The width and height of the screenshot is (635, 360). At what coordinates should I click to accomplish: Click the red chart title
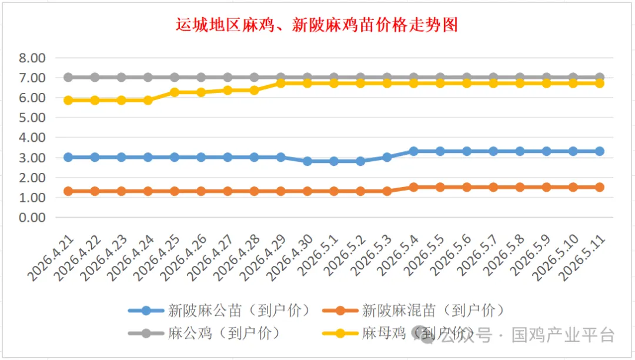(317, 25)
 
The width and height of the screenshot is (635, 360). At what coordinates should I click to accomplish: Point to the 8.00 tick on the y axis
(32, 58)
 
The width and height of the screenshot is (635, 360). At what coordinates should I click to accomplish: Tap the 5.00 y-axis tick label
(32, 118)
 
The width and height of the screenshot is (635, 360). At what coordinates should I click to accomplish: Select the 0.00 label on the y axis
(32, 218)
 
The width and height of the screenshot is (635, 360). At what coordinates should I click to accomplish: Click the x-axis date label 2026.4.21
(51, 258)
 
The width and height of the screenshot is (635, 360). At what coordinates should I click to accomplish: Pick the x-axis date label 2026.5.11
(582, 258)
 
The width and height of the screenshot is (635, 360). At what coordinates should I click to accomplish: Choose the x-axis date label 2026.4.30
(290, 258)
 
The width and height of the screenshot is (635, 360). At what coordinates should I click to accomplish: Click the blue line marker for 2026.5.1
(334, 161)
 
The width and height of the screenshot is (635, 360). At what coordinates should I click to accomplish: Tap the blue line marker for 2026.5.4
(413, 151)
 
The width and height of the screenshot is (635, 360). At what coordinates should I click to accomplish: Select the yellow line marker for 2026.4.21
(68, 100)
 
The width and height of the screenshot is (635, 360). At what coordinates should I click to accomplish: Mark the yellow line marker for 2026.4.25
(175, 92)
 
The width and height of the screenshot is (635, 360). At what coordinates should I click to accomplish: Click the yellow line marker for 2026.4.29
(280, 83)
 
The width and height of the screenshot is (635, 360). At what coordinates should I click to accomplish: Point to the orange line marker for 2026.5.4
(413, 187)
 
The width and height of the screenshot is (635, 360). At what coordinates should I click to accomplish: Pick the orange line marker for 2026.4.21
(68, 191)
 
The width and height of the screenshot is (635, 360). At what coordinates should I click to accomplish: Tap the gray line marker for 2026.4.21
(68, 77)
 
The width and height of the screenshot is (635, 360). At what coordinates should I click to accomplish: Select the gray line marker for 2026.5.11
(599, 77)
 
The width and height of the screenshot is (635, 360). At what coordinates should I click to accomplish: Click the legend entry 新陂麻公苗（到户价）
(219, 311)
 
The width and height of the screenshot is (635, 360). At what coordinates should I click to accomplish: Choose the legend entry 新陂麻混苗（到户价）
(413, 311)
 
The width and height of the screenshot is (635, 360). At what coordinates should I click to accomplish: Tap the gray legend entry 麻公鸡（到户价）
(204, 334)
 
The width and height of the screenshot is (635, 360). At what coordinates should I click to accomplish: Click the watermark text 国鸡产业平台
(563, 335)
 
